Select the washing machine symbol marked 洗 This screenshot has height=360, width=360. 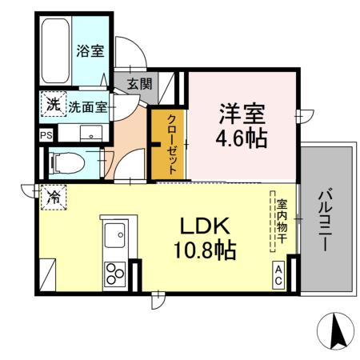click(51, 104)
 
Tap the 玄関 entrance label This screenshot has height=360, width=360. click(137, 82)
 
